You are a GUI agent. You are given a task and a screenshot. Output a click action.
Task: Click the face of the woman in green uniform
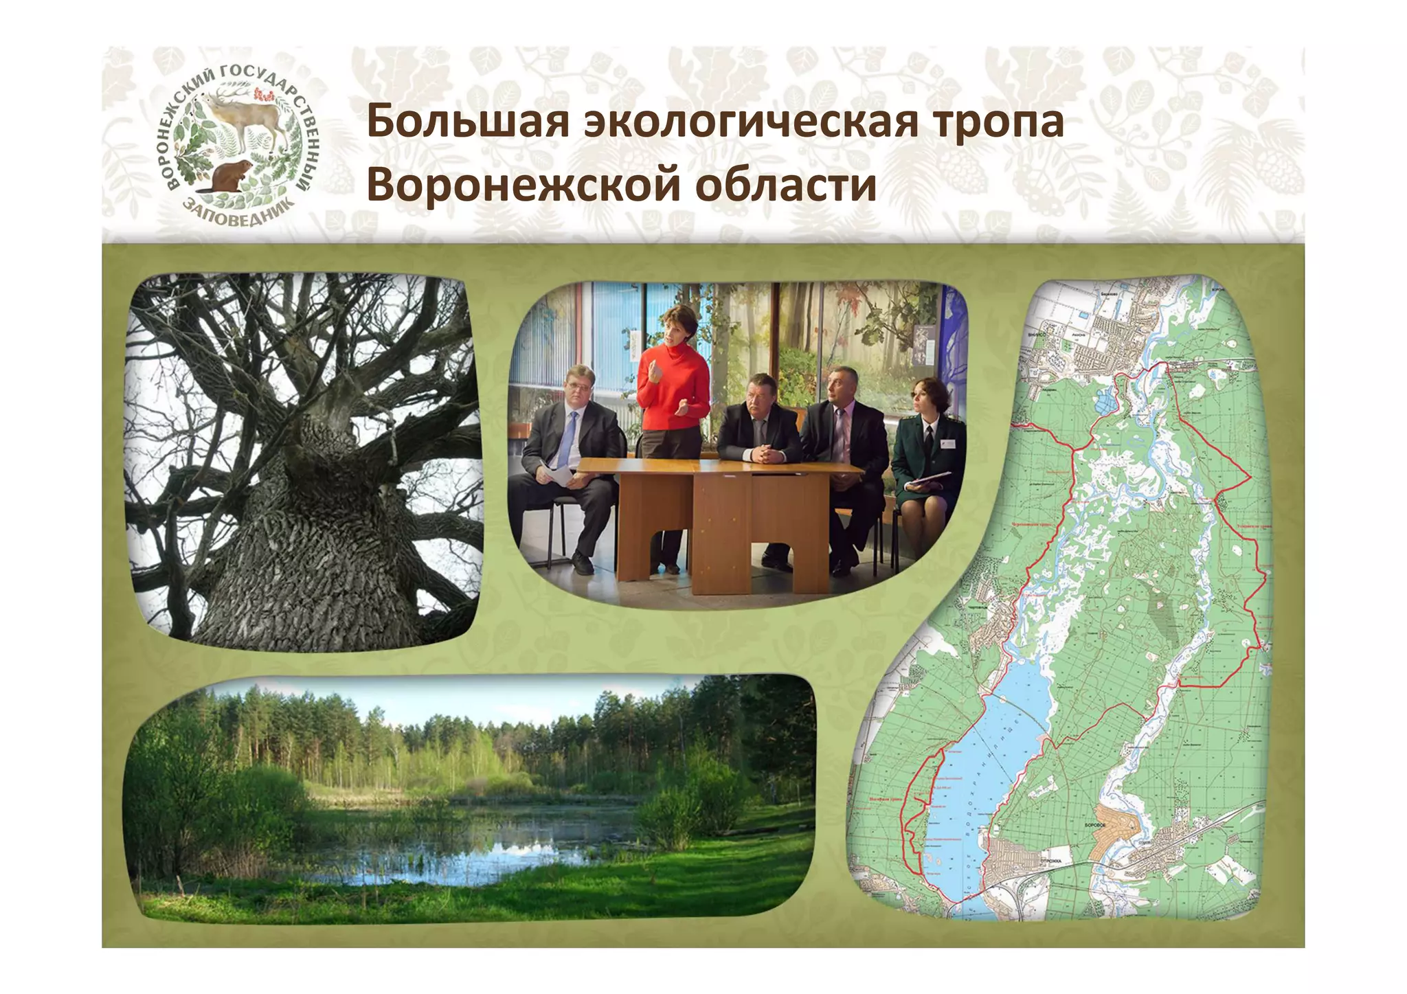(921, 397)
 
